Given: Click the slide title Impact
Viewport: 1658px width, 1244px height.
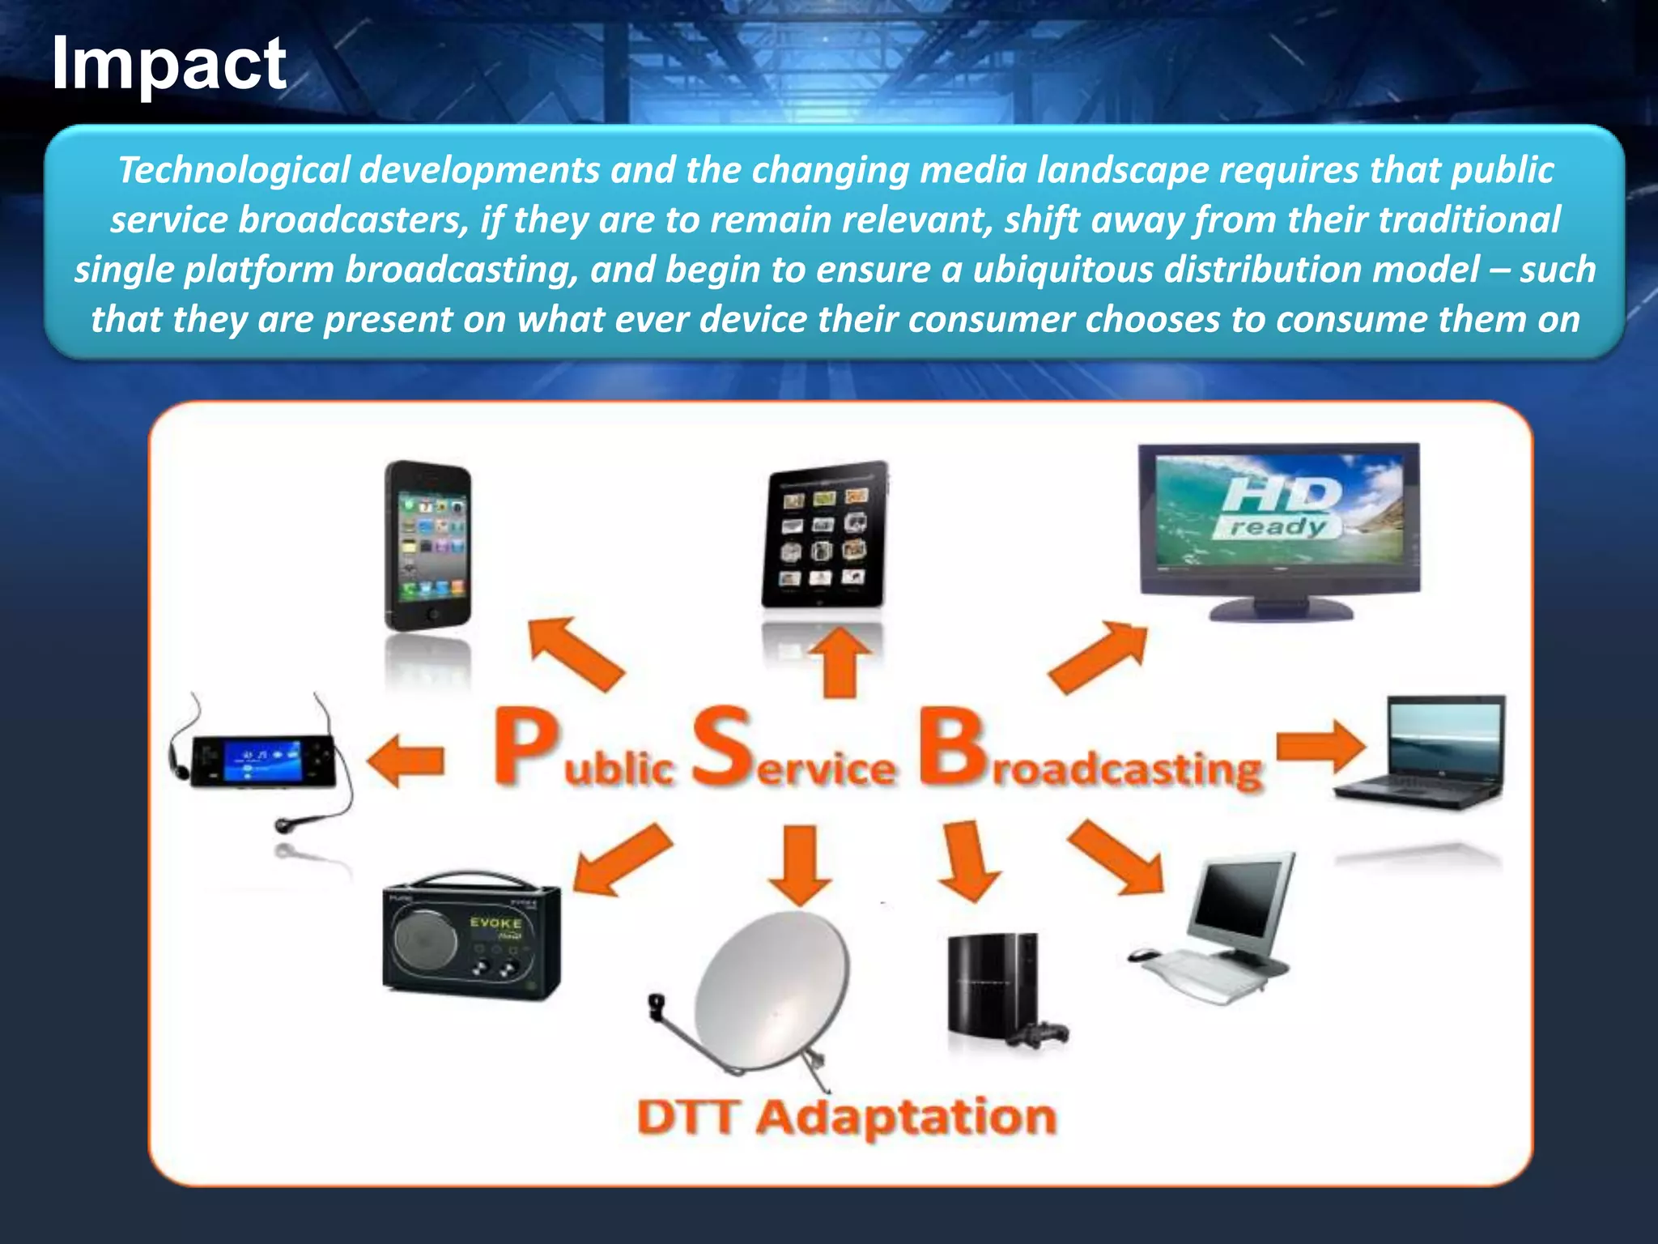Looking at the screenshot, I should (x=168, y=65).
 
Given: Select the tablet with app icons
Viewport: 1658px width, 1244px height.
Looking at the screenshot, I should (x=824, y=535).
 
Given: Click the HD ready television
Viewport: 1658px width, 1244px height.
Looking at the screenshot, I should (x=1279, y=526).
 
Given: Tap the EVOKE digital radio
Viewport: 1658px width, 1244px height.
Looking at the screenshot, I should (x=471, y=938).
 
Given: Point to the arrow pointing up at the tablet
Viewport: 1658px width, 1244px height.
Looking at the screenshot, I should (x=840, y=662).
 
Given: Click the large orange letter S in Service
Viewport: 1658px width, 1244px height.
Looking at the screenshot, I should (x=722, y=747).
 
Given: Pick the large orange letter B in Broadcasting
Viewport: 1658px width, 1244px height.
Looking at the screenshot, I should (x=952, y=748).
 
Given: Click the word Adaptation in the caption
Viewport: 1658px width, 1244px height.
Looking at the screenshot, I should (x=907, y=1118).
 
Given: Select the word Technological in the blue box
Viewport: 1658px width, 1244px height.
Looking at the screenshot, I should (x=234, y=170).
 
